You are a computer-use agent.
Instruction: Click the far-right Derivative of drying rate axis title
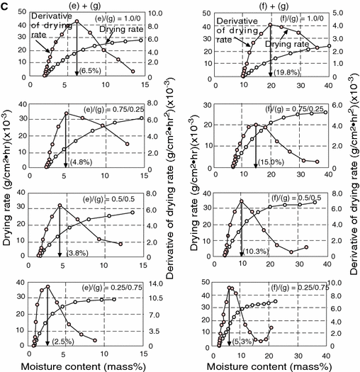pyautogui.click(x=353, y=184)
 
